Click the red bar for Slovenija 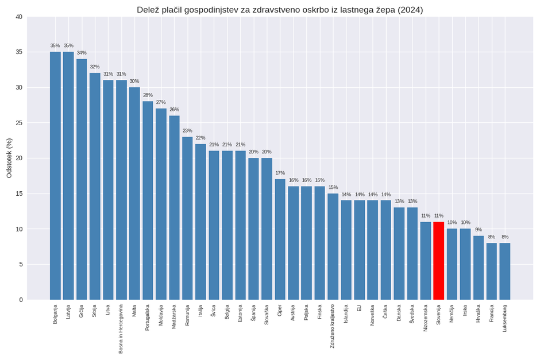pyautogui.click(x=438, y=261)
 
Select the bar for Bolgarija pyautogui.click(x=55, y=176)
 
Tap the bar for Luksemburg pyautogui.click(x=504, y=271)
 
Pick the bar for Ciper pyautogui.click(x=280, y=239)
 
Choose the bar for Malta pyautogui.click(x=134, y=193)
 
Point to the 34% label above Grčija pyautogui.click(x=82, y=53)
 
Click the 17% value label pyautogui.click(x=280, y=173)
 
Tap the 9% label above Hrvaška pyautogui.click(x=478, y=230)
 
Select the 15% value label pyautogui.click(x=333, y=187)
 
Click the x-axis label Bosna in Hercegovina pyautogui.click(x=121, y=328)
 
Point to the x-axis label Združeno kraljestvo pyautogui.click(x=333, y=326)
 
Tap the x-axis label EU pyautogui.click(x=359, y=308)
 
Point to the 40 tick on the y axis pyautogui.click(x=19, y=17)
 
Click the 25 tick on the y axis pyautogui.click(x=19, y=123)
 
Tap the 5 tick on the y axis pyautogui.click(x=21, y=265)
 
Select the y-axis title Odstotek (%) pyautogui.click(x=9, y=158)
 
